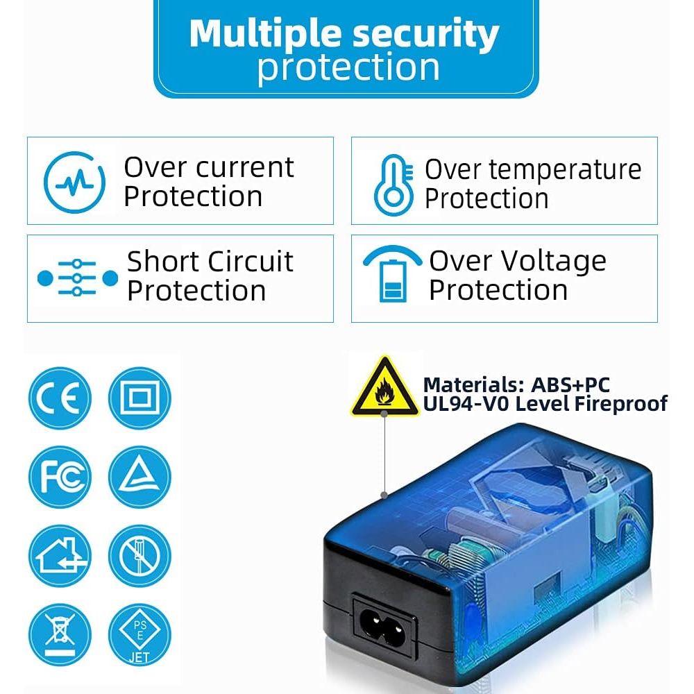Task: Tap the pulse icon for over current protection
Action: click(74, 182)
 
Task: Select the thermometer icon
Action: click(393, 185)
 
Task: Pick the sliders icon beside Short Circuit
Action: click(78, 278)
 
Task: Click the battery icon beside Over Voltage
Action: click(393, 273)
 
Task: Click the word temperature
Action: click(533, 170)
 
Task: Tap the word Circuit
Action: click(250, 261)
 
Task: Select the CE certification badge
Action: click(60, 398)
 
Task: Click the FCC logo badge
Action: click(60, 477)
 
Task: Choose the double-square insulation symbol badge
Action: click(139, 398)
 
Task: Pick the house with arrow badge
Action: click(60, 556)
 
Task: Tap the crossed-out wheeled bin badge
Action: click(60, 635)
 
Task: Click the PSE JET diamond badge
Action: click(139, 635)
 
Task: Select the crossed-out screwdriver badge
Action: click(139, 556)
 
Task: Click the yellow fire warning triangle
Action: click(385, 387)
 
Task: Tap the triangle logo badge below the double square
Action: click(139, 477)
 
